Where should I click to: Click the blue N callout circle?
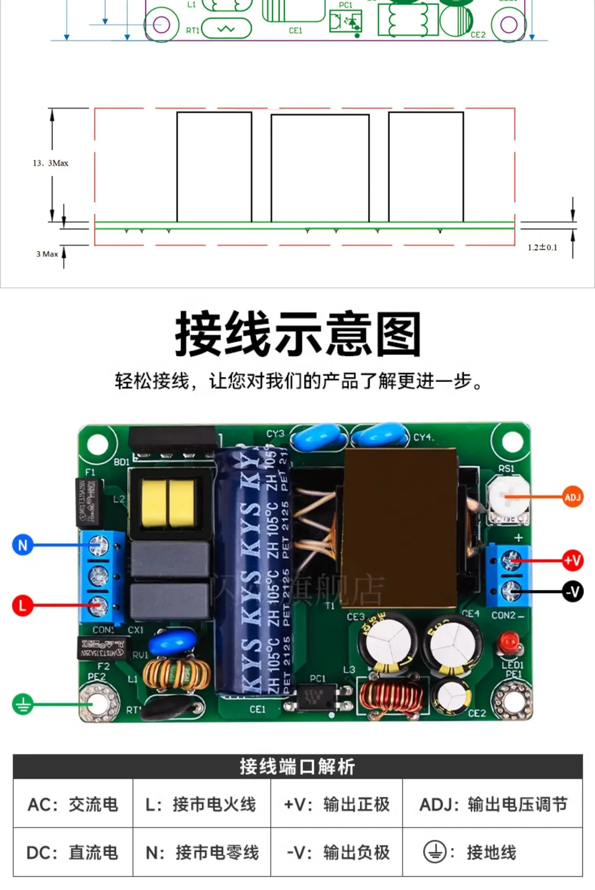click(x=23, y=545)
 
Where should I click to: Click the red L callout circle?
click(x=22, y=605)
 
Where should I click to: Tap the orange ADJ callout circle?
click(x=573, y=497)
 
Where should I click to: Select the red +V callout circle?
click(x=573, y=560)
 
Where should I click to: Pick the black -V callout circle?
click(x=573, y=592)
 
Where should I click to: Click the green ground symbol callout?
click(x=23, y=704)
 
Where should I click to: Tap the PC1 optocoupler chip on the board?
click(x=317, y=697)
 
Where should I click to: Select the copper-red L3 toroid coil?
click(x=391, y=697)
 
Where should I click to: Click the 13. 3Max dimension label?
click(x=50, y=163)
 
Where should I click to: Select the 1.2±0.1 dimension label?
click(x=542, y=248)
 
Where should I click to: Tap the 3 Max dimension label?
click(x=47, y=254)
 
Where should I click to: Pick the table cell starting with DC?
click(x=73, y=852)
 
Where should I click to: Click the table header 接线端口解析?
click(x=297, y=766)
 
